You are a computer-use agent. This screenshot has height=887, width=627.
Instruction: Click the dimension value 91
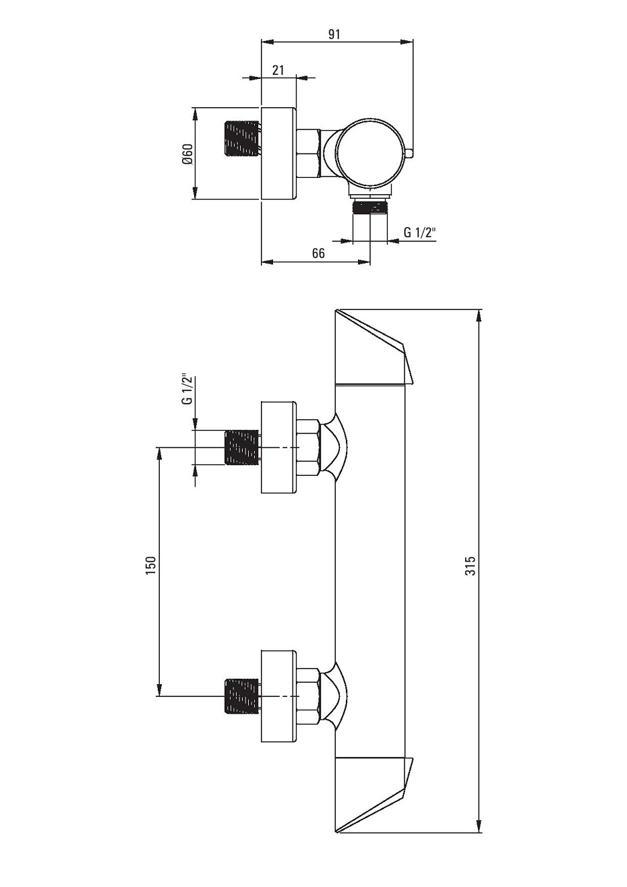[x=334, y=34]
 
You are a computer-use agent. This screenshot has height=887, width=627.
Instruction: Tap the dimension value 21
[x=278, y=70]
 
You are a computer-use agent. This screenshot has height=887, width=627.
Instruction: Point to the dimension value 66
[x=318, y=253]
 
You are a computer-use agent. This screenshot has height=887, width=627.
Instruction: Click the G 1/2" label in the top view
[x=420, y=233]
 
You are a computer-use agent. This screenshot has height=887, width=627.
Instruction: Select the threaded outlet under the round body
[x=370, y=208]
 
